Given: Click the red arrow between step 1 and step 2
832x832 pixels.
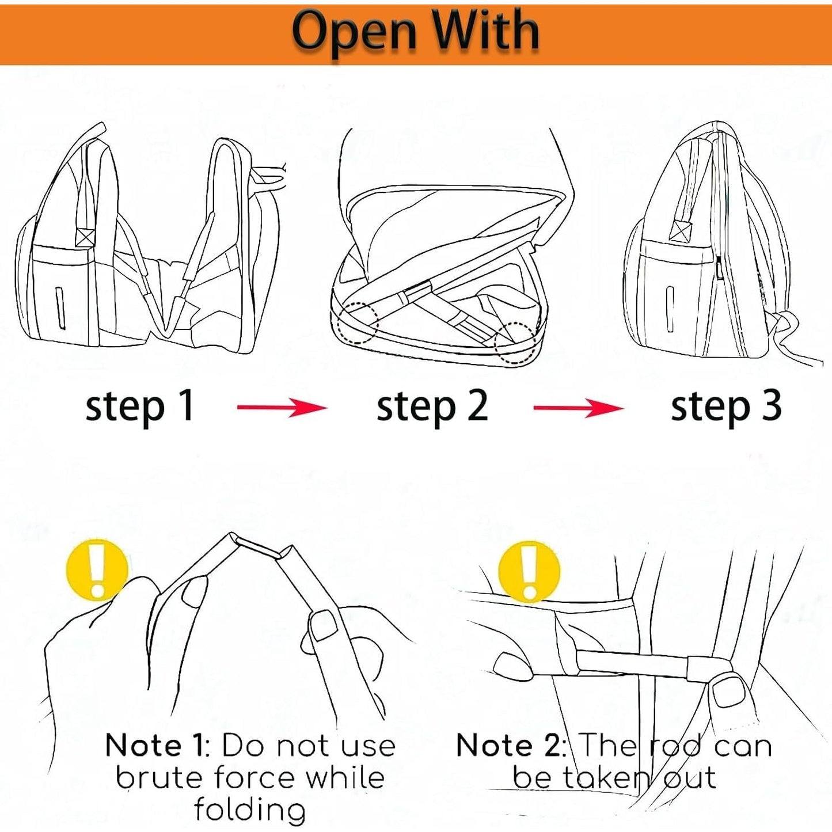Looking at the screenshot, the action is (x=283, y=408).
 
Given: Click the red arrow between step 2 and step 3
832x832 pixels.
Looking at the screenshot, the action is (x=579, y=408).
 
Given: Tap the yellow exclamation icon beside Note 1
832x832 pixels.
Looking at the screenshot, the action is (x=97, y=570).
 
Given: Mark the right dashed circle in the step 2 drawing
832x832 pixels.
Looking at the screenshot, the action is (x=516, y=344).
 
